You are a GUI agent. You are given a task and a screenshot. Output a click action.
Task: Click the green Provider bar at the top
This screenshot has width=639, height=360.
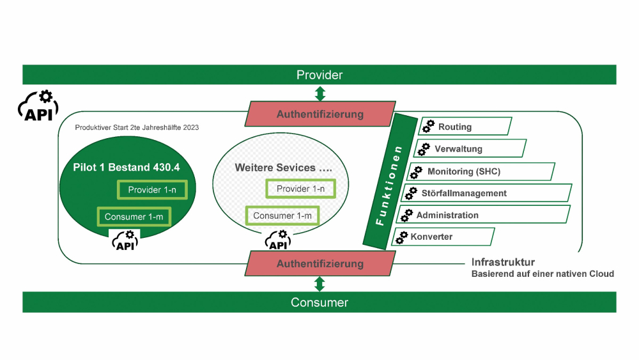(319, 75)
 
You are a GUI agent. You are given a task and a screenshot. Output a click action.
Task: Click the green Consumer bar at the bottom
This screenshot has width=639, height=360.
(319, 302)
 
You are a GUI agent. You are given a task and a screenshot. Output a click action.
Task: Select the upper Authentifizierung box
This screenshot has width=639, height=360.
(319, 114)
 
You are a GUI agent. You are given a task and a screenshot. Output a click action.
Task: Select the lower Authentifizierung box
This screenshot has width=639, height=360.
(319, 263)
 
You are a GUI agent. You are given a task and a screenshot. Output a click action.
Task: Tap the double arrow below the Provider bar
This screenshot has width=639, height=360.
(320, 93)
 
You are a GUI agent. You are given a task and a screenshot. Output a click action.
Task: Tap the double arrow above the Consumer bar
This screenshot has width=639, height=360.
(320, 283)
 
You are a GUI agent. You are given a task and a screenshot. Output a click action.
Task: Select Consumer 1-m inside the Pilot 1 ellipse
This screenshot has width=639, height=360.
(134, 217)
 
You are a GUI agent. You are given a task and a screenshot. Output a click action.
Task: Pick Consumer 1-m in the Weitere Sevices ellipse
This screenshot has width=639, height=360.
(282, 215)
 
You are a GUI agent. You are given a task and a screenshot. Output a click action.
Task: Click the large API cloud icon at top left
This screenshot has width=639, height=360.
(37, 106)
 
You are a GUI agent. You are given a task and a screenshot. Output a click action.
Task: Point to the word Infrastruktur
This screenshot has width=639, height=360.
(503, 262)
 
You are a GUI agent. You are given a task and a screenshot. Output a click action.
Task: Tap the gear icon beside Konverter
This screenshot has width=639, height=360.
(401, 237)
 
